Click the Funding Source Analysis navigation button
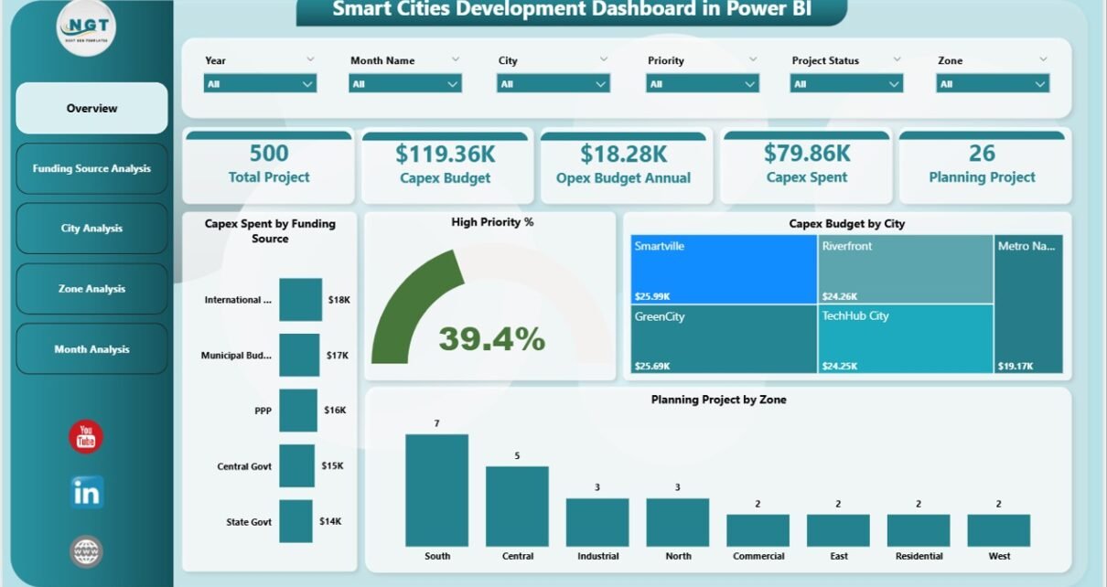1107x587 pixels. pyautogui.click(x=91, y=168)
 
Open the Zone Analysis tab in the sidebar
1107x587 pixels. pyautogui.click(x=91, y=289)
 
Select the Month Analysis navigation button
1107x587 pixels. pyautogui.click(x=91, y=349)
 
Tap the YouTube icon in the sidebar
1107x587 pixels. pyautogui.click(x=86, y=437)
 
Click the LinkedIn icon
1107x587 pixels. pyautogui.click(x=87, y=493)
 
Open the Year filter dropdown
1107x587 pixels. pyautogui.click(x=260, y=83)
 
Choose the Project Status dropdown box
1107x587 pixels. pyautogui.click(x=846, y=83)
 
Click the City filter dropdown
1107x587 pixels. pyautogui.click(x=553, y=83)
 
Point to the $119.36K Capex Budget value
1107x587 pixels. pyautogui.click(x=445, y=153)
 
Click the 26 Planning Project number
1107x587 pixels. pyautogui.click(x=982, y=153)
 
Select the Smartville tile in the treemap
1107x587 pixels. pyautogui.click(x=724, y=269)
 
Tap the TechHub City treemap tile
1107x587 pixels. pyautogui.click(x=905, y=338)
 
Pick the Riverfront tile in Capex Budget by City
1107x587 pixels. pyautogui.click(x=905, y=269)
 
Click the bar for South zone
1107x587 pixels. pyautogui.click(x=436, y=490)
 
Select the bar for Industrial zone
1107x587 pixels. pyautogui.click(x=597, y=522)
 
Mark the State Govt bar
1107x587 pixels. pyautogui.click(x=296, y=521)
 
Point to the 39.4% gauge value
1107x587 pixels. pyautogui.click(x=491, y=339)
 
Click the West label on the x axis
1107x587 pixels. pyautogui.click(x=999, y=556)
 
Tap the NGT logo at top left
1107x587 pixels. pyautogui.click(x=86, y=27)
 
